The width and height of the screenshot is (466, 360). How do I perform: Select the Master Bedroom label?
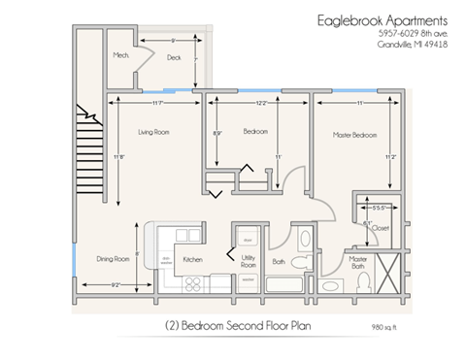click(353, 135)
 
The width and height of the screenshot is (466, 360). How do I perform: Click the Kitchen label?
click(192, 259)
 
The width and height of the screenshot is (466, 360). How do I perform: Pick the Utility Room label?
click(248, 261)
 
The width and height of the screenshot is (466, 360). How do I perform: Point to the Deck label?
click(174, 57)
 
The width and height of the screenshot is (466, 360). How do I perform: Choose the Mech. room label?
click(122, 55)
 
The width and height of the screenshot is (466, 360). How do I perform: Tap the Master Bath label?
click(358, 262)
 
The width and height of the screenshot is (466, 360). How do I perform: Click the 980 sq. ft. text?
click(384, 326)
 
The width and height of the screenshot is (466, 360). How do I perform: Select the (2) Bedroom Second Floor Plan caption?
click(233, 324)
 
